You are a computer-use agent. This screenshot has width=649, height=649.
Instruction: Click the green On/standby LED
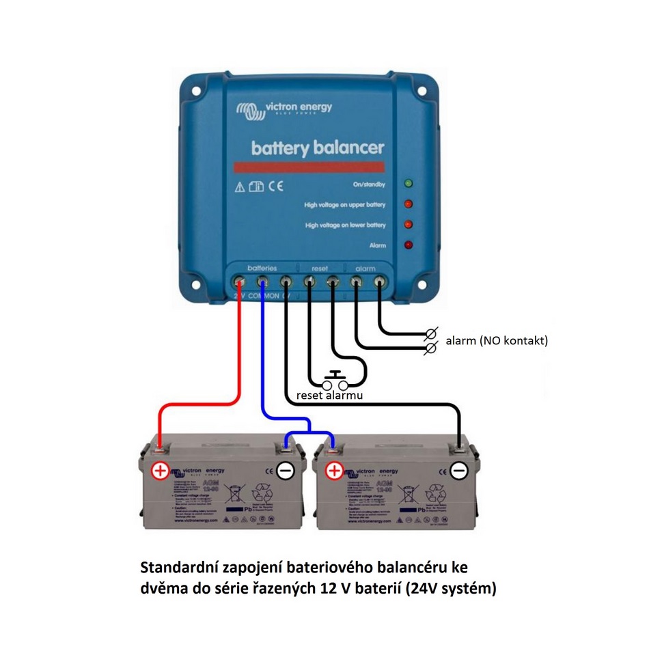tap(409, 184)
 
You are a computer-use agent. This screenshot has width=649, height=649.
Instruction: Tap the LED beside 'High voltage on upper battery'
tap(409, 204)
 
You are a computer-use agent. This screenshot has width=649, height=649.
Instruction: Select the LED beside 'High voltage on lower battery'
tap(409, 224)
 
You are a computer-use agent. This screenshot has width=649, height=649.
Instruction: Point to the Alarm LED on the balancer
tap(409, 245)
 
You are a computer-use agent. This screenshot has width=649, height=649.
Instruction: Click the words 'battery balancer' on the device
tap(318, 148)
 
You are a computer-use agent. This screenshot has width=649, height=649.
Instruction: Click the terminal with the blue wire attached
tap(262, 281)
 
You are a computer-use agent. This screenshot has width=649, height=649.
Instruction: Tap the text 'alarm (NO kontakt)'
tap(496, 340)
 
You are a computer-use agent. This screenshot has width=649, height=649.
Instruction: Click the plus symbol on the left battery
tap(160, 471)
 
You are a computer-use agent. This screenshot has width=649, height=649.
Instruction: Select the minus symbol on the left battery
tap(285, 471)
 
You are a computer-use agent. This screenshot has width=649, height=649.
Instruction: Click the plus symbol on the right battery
tap(334, 471)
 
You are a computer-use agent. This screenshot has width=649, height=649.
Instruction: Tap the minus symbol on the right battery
tap(460, 471)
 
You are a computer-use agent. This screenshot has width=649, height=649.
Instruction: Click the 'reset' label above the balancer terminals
tap(320, 269)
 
